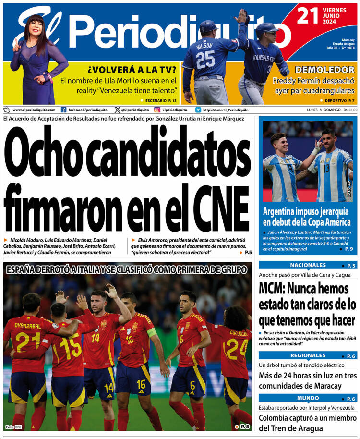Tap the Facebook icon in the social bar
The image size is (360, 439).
(63, 110)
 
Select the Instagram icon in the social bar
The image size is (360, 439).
(157, 110)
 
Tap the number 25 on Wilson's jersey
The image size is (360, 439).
(205, 60)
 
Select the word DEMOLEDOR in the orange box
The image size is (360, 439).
(324, 70)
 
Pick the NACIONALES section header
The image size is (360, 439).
(308, 265)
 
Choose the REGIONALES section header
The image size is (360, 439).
(308, 355)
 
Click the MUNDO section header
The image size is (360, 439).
(308, 398)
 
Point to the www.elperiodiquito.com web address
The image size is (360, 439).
(34, 110)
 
